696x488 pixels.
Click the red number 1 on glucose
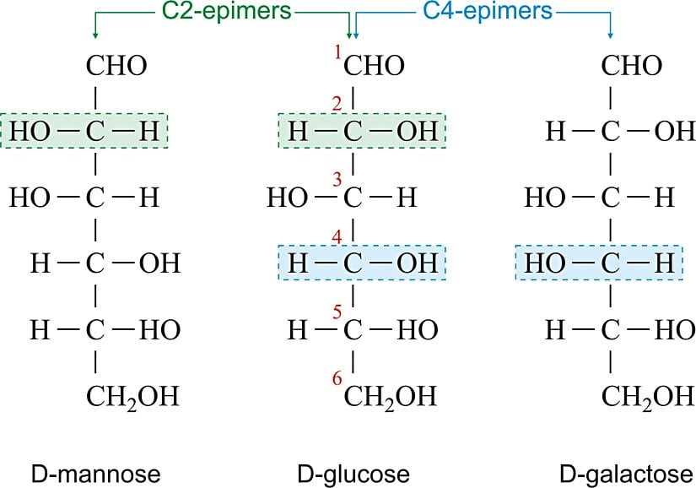coord(337,53)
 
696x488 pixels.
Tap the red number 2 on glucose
coord(337,105)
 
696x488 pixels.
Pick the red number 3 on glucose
coord(337,180)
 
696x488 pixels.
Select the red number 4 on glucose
coord(337,239)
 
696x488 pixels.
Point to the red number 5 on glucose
coord(337,312)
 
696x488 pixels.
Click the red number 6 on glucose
coord(337,379)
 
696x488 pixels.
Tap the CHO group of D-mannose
coord(117,66)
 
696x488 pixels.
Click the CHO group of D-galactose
coord(630,66)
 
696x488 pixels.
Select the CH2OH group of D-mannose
coord(132,395)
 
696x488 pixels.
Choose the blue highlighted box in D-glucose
coord(362,263)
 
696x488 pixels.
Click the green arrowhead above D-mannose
coord(96,35)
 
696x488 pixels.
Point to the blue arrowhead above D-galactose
coord(610,35)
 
